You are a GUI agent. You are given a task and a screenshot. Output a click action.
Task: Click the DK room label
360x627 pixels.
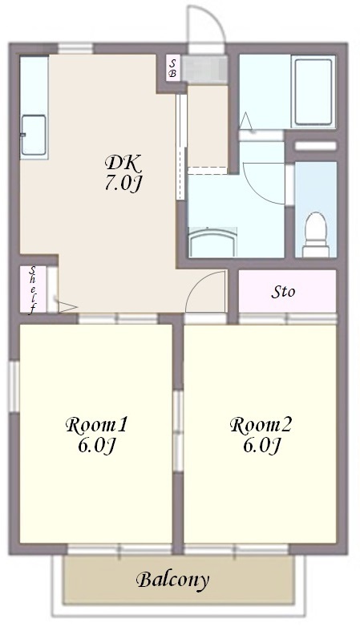coord(123,164)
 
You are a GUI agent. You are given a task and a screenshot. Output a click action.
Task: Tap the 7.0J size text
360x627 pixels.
coord(123,184)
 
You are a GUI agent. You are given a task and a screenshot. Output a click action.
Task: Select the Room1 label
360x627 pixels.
coord(96,425)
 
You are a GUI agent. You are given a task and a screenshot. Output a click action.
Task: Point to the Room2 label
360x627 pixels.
coord(261,425)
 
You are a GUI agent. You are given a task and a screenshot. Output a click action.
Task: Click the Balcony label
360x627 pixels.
coord(173,580)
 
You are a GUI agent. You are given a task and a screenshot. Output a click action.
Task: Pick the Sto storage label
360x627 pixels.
coord(283,292)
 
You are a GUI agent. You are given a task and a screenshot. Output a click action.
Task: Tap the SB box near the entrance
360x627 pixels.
coord(174,68)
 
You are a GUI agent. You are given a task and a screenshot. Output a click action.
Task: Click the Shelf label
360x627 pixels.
coord(33,289)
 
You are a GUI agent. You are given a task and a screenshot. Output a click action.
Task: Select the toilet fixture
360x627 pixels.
coord(316,235)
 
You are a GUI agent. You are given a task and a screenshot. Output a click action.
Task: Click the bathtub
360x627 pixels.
coord(313,91)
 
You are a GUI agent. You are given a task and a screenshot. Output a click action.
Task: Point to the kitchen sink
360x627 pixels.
coord(34,136)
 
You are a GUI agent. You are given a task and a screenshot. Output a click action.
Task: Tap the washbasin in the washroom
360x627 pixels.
coord(212,242)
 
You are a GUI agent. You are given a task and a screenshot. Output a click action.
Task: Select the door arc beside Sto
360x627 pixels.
coord(199,283)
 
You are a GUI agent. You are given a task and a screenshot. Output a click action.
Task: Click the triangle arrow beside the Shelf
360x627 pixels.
coord(68,308)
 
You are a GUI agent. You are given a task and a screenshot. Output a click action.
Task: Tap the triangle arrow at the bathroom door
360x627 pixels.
coord(245,121)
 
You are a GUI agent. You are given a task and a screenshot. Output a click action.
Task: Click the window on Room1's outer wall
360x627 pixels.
coord(14,386)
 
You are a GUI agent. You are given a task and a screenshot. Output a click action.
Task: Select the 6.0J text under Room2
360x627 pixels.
coord(261,446)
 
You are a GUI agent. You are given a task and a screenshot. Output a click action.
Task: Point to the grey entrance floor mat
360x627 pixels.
coord(204,70)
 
